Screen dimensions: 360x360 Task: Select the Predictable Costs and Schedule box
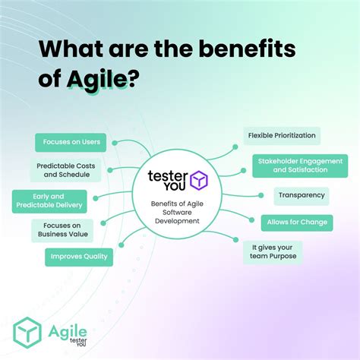click(65, 169)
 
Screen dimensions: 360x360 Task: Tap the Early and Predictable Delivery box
click(49, 201)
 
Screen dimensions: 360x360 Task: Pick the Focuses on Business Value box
click(62, 230)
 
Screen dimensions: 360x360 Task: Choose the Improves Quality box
click(79, 257)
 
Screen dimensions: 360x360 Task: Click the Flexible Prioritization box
click(282, 136)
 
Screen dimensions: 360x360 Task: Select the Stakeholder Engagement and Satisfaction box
click(300, 166)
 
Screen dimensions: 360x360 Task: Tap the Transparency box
click(302, 196)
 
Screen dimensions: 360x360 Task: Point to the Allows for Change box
click(297, 223)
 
